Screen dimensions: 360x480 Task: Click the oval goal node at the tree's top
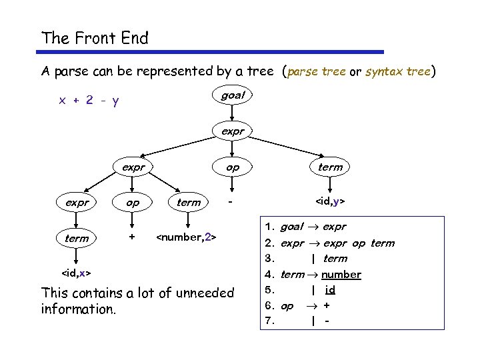pyautogui.click(x=233, y=95)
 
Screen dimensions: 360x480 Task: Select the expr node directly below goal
pyautogui.click(x=233, y=131)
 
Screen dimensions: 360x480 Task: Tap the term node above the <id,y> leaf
pyautogui.click(x=330, y=167)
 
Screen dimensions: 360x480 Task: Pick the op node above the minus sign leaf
pyautogui.click(x=232, y=167)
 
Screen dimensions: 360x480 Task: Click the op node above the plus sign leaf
pyautogui.click(x=132, y=202)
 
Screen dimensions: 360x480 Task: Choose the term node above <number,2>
pyautogui.click(x=189, y=202)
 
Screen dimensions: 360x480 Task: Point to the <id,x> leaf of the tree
pyautogui.click(x=76, y=273)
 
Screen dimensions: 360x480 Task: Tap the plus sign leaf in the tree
pyautogui.click(x=132, y=237)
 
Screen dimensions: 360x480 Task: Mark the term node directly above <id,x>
pyautogui.click(x=76, y=237)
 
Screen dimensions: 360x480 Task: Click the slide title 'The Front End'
pyautogui.click(x=95, y=38)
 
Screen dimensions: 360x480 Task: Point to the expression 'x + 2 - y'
pyautogui.click(x=89, y=101)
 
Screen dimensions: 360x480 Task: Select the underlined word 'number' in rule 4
pyautogui.click(x=341, y=274)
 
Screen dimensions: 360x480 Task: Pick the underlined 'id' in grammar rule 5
pyautogui.click(x=330, y=289)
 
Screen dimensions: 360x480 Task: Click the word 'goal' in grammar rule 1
pyautogui.click(x=291, y=227)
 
